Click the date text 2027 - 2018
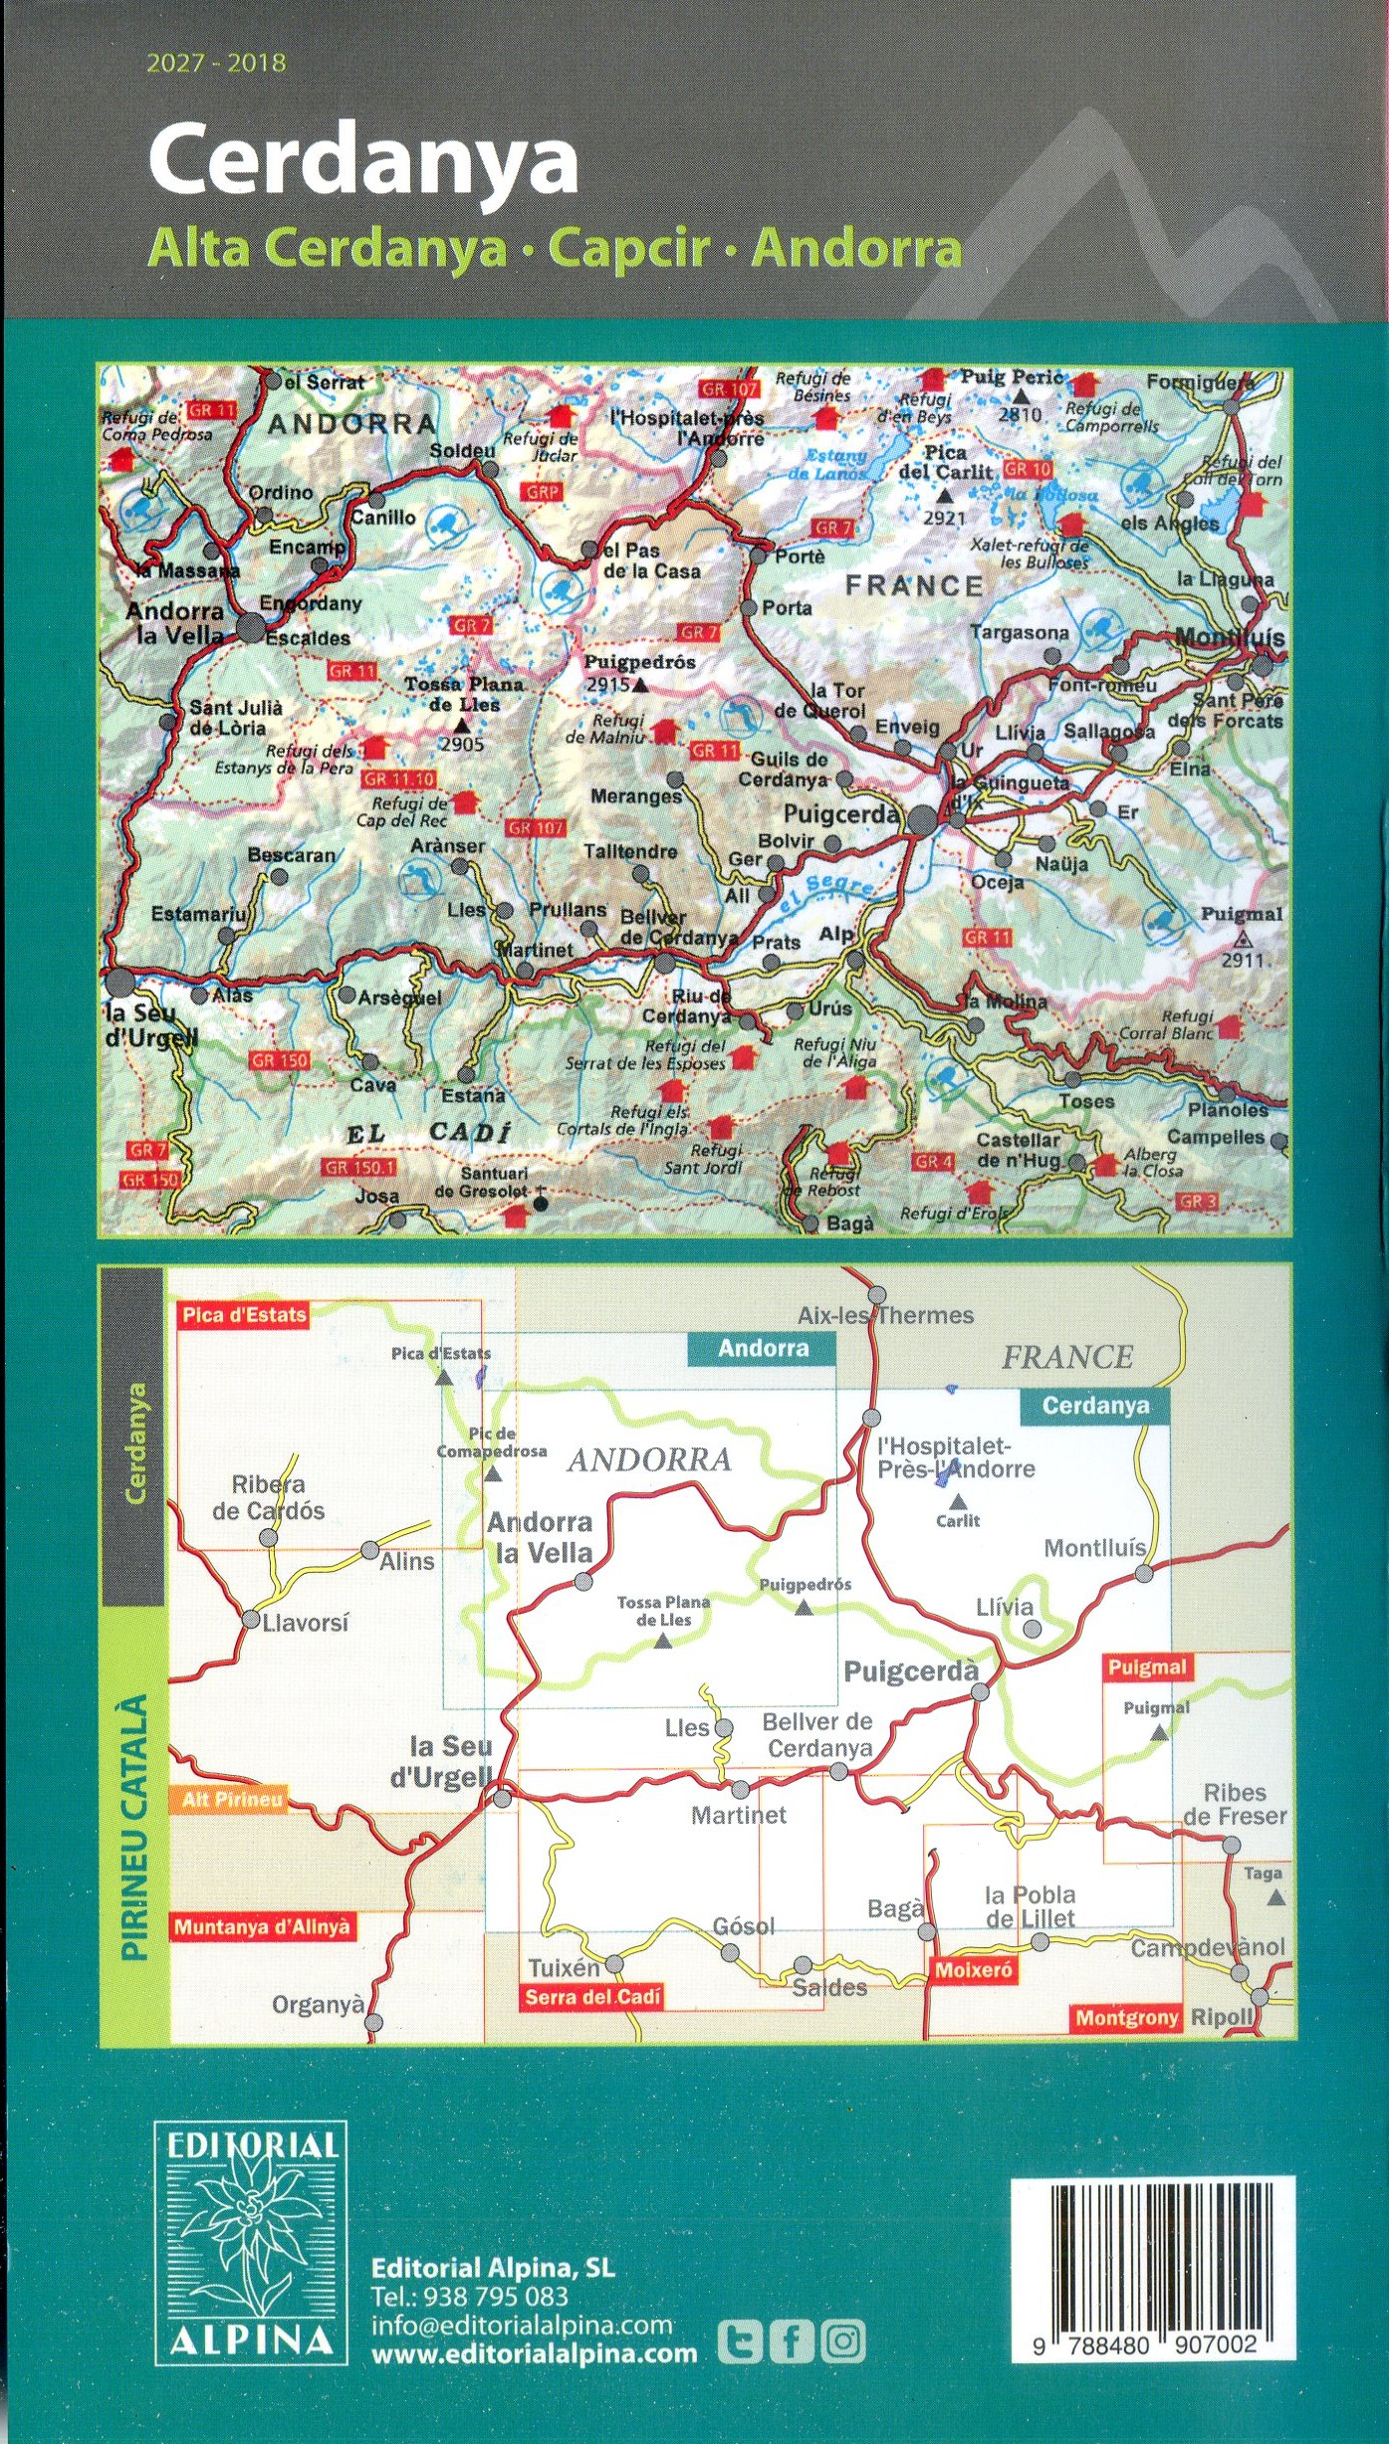click(216, 64)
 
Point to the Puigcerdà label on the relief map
click(842, 813)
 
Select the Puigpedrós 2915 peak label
click(637, 673)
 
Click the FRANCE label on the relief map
click(913, 585)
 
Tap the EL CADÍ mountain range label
click(428, 1133)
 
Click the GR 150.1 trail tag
click(359, 1167)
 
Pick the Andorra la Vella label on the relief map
click(175, 623)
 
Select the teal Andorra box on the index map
click(762, 1348)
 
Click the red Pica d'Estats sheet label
click(244, 1314)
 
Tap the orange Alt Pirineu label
click(232, 1799)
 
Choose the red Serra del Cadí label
click(591, 1996)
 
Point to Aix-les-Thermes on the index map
click(884, 1315)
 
